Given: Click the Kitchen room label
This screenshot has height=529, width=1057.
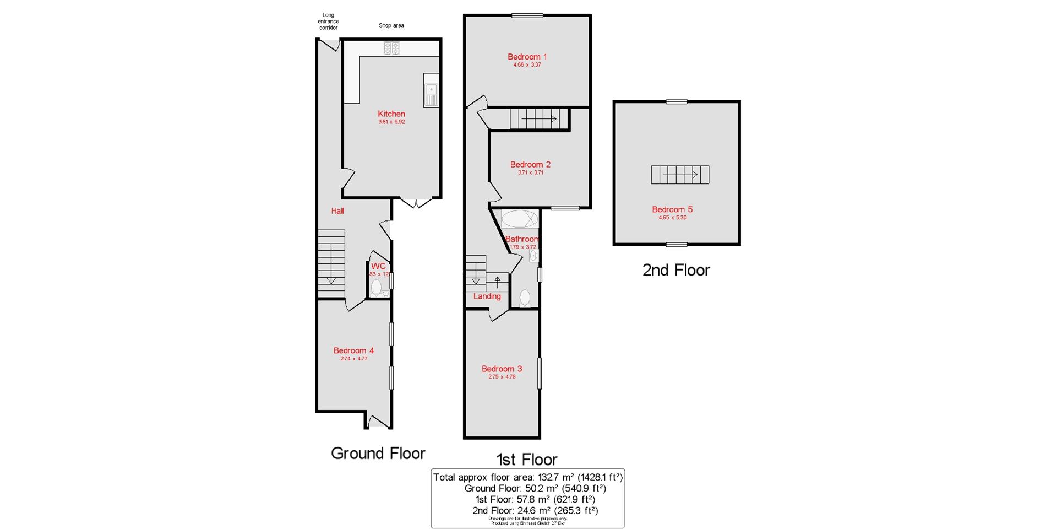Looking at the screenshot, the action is tap(391, 114).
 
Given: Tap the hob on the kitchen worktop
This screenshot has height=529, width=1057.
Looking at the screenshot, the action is tap(391, 48).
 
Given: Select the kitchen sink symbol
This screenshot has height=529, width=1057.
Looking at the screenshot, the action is tap(431, 90).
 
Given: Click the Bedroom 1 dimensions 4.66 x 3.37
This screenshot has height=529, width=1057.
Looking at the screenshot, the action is tap(527, 65).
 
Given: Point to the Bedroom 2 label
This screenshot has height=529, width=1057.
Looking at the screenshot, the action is tap(530, 164).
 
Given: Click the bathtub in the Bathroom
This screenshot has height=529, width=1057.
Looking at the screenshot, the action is tap(519, 219).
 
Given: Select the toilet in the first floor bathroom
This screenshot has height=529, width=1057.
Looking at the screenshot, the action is tap(525, 298).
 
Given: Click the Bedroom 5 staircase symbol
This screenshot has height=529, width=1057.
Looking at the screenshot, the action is tap(680, 175).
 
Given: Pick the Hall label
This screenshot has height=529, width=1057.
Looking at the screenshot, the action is tap(337, 210).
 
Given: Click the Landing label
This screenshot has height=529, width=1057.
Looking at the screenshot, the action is tap(487, 296).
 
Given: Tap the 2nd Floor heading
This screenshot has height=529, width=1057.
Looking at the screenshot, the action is tap(676, 270).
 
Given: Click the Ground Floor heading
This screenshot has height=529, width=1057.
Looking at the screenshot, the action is tap(378, 454).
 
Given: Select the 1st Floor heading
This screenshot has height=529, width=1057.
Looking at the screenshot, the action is tap(526, 459).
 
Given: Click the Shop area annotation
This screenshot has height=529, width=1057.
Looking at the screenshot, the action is tap(391, 25).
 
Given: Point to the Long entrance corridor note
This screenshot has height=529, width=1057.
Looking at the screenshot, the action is tap(328, 21).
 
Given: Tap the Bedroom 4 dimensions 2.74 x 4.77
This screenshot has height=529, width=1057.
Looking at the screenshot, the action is tap(353, 359).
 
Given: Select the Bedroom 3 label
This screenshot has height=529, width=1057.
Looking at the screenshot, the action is tap(502, 369).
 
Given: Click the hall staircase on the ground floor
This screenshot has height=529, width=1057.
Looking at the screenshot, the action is tap(331, 263).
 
